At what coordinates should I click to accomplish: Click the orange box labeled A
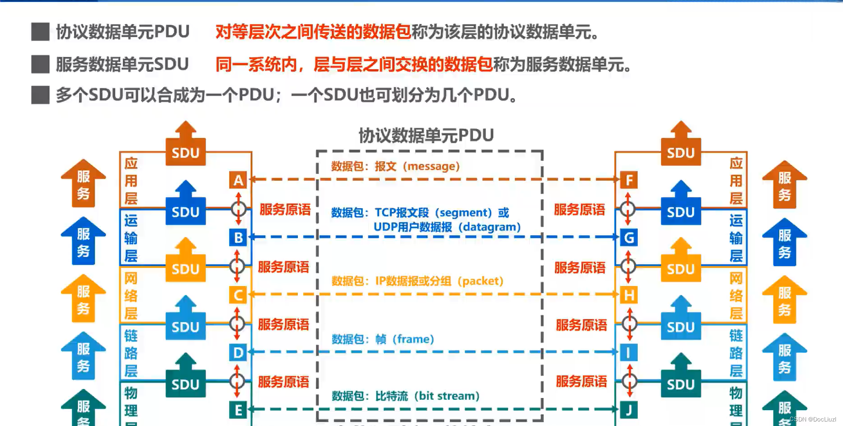tap(238, 180)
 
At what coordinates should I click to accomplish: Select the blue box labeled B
tap(238, 238)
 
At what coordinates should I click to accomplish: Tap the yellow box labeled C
tap(238, 295)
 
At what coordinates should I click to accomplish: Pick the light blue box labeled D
tap(238, 352)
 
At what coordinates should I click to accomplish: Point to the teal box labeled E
tap(238, 410)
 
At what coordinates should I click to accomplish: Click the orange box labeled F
tap(629, 180)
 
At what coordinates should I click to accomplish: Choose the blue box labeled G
tap(629, 238)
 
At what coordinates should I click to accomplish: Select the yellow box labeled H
tap(629, 295)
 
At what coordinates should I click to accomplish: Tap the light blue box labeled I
tap(629, 352)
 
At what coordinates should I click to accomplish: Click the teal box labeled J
tap(629, 410)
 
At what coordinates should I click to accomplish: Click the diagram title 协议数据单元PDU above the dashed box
tap(426, 135)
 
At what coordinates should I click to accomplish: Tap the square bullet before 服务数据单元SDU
tap(40, 64)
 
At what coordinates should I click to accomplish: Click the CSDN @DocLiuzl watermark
tap(813, 419)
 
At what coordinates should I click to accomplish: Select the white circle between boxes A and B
tap(239, 209)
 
